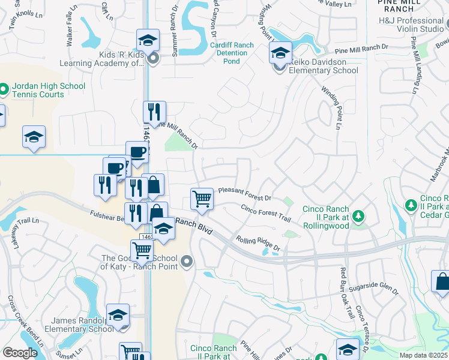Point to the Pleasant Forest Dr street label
click(x=245, y=193)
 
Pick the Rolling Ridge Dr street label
click(x=258, y=243)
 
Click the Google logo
click(x=20, y=353)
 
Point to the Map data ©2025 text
click(x=423, y=355)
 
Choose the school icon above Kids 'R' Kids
click(x=148, y=40)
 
